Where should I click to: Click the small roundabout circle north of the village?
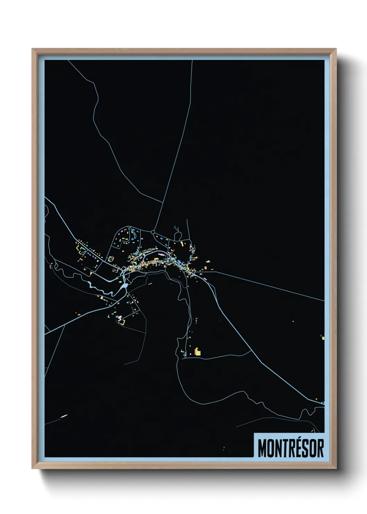(x=153, y=232)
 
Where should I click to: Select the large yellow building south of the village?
(x=198, y=351)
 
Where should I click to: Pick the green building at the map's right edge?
(x=323, y=337)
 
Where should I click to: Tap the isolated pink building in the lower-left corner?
(x=64, y=415)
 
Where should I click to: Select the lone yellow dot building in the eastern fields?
(x=293, y=321)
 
